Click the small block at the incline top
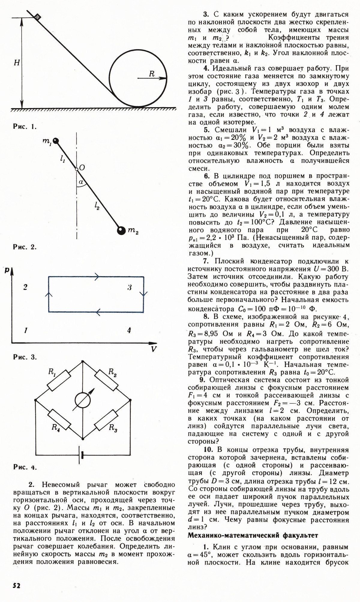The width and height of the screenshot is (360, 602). click(37, 17)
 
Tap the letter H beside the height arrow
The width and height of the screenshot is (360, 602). click(17, 63)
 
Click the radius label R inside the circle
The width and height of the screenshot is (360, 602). click(152, 74)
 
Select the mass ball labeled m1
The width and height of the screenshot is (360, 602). click(55, 140)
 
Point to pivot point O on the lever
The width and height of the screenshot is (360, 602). click(76, 169)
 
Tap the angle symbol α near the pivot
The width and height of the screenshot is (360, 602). click(80, 182)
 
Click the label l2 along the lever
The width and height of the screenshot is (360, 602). click(97, 206)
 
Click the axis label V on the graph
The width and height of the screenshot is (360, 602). click(154, 349)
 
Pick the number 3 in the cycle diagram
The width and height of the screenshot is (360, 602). click(130, 287)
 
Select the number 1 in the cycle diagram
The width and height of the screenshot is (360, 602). click(26, 331)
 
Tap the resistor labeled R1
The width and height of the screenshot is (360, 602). click(59, 380)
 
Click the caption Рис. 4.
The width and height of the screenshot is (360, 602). click(25, 467)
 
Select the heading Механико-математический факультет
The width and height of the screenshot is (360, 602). click(253, 535)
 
